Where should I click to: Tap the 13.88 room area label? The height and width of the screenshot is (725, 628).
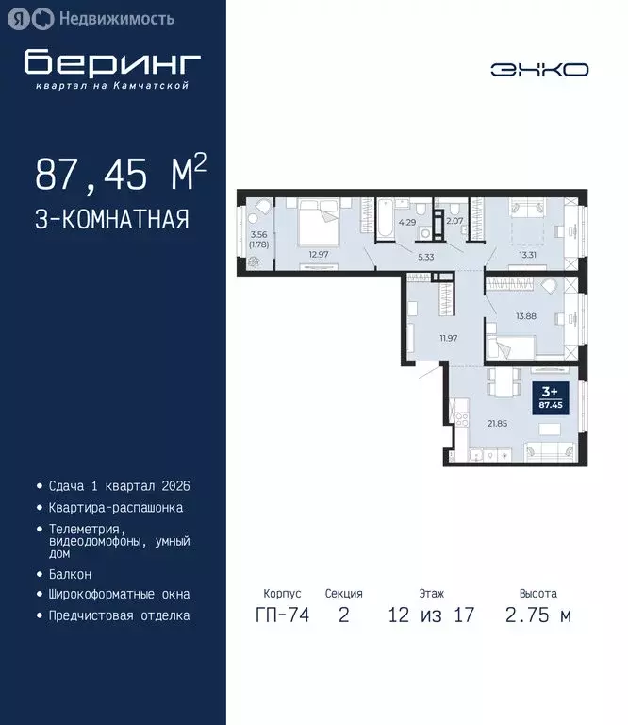coord(526,316)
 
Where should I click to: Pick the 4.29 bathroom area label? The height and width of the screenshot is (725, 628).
coord(406,224)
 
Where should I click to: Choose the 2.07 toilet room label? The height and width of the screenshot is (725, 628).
coord(454,221)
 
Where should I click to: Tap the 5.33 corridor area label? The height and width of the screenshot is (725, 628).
coord(424,256)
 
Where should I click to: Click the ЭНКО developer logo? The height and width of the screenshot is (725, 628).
coord(538,70)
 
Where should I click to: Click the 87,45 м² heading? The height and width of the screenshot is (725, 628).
coord(121,175)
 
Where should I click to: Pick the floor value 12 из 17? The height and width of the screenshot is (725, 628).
coord(431,615)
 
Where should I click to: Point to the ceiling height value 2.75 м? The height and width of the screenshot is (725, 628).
coord(537,615)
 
